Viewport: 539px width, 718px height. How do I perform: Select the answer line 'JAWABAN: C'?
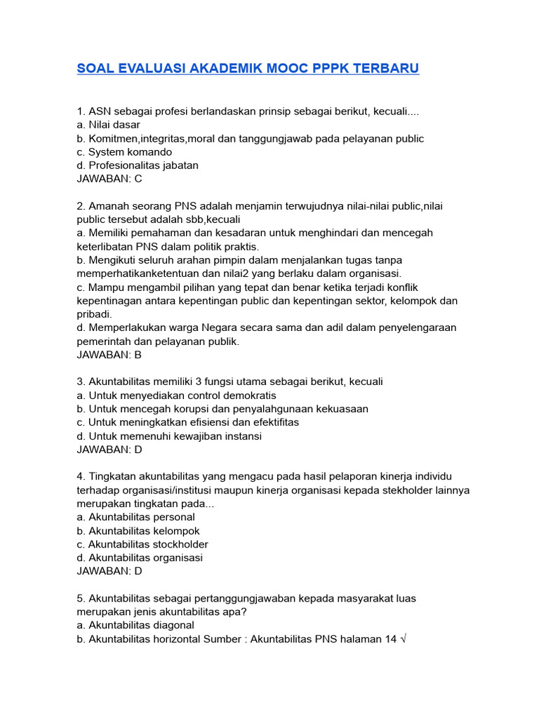tap(109, 179)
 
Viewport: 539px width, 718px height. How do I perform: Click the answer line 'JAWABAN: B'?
tap(109, 355)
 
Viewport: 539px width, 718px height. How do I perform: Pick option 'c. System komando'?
tap(124, 152)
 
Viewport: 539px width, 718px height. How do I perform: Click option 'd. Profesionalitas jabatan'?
tap(138, 165)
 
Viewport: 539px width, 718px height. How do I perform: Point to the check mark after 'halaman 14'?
tap(402, 639)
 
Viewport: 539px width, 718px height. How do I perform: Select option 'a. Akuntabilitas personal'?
tap(135, 517)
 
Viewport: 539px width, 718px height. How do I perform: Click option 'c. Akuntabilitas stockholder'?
tap(142, 544)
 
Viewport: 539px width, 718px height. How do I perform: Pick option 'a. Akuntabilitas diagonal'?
tap(135, 625)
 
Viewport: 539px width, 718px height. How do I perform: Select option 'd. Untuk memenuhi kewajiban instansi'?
tap(169, 436)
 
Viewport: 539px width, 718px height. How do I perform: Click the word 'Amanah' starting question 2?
tap(108, 206)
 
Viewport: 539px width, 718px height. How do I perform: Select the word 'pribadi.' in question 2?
tap(94, 314)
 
